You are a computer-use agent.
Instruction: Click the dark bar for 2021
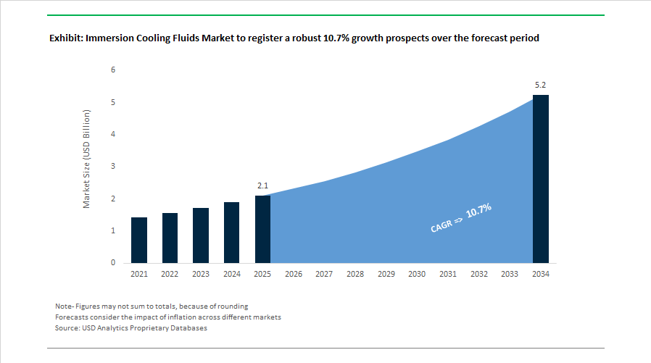coord(139,240)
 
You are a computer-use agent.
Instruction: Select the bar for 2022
coord(170,238)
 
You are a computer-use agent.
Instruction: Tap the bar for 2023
coord(201,235)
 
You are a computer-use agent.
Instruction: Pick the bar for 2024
coord(231,232)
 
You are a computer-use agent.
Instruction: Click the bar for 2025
coord(262,229)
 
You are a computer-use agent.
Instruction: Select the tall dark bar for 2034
coord(540,179)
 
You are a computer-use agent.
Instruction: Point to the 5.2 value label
coord(540,85)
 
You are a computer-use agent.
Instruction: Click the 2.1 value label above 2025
coord(262,186)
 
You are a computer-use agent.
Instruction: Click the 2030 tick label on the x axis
coord(417,275)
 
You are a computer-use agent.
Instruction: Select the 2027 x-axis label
coord(324,275)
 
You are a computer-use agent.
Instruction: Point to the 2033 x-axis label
coord(510,275)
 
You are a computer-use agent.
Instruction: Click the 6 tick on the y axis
coord(112,70)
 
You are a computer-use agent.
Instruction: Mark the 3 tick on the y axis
coord(112,167)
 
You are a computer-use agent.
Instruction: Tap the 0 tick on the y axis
coord(112,263)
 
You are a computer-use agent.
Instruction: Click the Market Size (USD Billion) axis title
coord(86,159)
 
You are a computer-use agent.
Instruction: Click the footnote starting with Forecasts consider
coord(167,317)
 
